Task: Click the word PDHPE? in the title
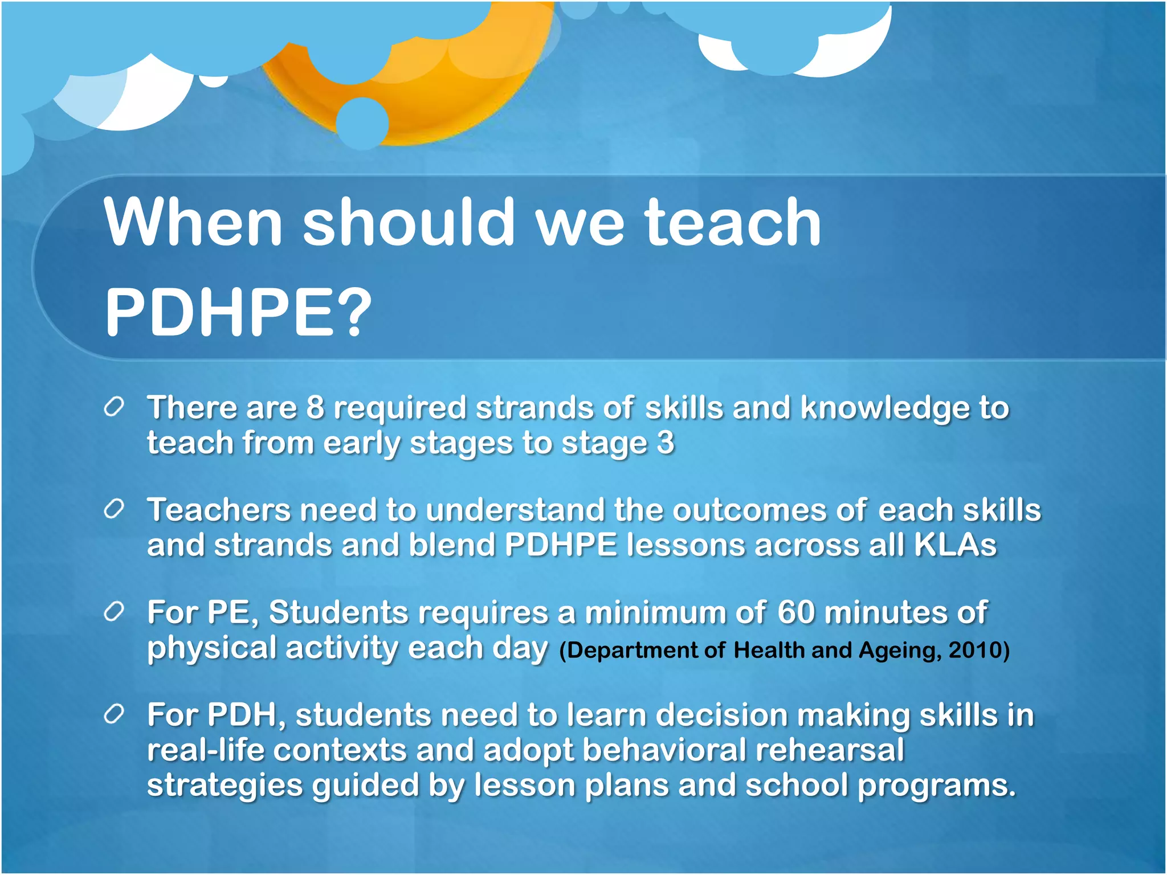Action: [238, 312]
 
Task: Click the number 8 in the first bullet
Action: [315, 408]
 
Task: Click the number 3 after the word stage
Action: [665, 443]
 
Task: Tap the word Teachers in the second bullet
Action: [219, 510]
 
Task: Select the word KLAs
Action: [955, 545]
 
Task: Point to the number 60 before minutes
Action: [796, 613]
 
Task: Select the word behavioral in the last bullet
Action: [664, 750]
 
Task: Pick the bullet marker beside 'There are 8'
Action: [115, 407]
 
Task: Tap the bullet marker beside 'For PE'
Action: [115, 612]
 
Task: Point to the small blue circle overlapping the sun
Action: [362, 123]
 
